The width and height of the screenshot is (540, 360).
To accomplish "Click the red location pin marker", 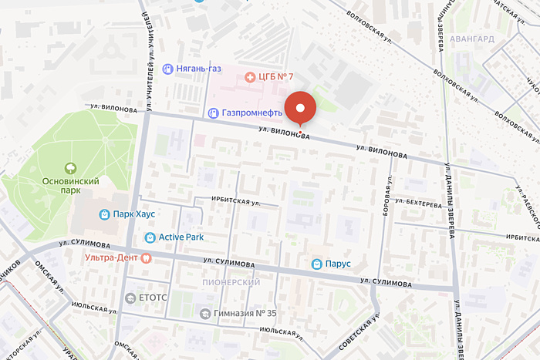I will (x=300, y=108).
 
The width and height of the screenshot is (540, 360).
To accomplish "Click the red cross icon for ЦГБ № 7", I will (x=250, y=76).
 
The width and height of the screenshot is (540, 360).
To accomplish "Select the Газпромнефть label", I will (x=246, y=113).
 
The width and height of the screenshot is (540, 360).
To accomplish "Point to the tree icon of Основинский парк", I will (x=70, y=167).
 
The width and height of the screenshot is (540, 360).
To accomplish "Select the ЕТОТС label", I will (x=147, y=298).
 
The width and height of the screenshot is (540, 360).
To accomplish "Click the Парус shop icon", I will (x=316, y=264).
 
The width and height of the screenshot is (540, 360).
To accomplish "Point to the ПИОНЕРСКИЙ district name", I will (x=231, y=283).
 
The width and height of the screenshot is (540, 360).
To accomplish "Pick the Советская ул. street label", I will (x=362, y=331).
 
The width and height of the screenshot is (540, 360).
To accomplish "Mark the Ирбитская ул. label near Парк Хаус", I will (x=228, y=200).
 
